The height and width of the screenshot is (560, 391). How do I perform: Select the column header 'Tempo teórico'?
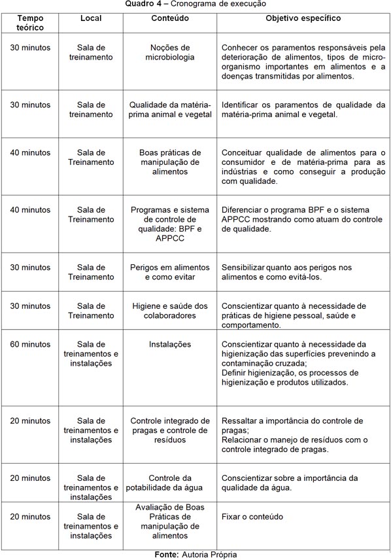(31, 23)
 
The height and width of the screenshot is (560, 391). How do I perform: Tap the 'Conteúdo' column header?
(170, 18)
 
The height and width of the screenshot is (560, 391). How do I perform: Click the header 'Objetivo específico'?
(303, 18)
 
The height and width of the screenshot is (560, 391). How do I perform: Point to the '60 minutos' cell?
(30, 344)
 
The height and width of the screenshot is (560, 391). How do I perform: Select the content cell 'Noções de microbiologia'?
(170, 52)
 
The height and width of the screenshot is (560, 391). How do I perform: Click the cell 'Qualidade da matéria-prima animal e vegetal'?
(170, 109)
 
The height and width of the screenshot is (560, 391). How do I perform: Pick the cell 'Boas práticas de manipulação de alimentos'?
(170, 162)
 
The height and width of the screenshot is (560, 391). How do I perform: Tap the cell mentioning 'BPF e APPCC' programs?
(170, 224)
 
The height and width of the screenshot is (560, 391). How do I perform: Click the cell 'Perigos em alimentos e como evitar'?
(170, 272)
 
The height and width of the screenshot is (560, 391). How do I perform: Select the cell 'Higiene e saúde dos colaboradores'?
(170, 311)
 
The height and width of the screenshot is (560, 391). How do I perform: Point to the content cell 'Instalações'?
(170, 344)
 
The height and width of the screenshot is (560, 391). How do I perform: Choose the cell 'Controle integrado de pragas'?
(170, 430)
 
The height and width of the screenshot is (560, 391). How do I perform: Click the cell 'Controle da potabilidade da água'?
(170, 483)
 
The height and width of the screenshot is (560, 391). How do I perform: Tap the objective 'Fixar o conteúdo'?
(252, 517)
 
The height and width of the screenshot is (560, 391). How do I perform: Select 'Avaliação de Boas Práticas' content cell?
(170, 521)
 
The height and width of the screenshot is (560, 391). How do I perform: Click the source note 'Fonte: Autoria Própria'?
(195, 554)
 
